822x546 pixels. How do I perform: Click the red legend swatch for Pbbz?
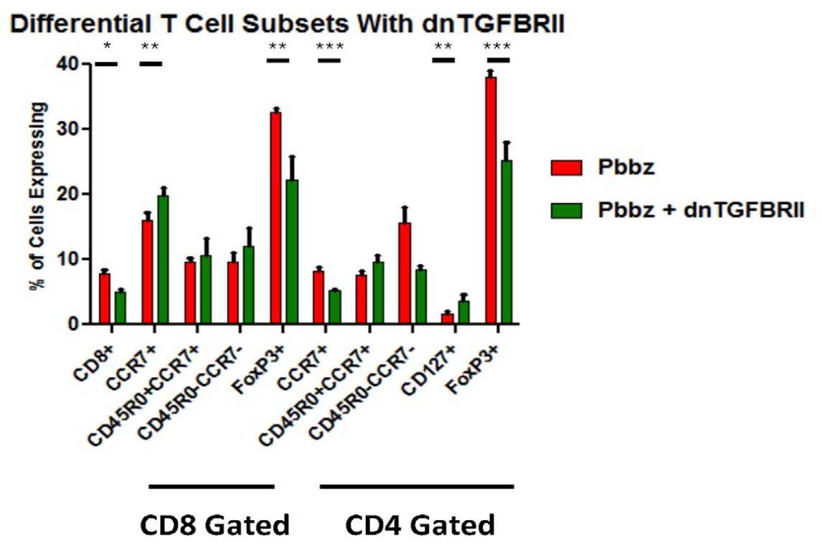point(565,168)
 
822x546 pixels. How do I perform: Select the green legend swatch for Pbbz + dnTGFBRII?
point(565,209)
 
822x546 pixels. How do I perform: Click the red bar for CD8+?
point(104,299)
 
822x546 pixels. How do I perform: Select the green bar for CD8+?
point(120,308)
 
